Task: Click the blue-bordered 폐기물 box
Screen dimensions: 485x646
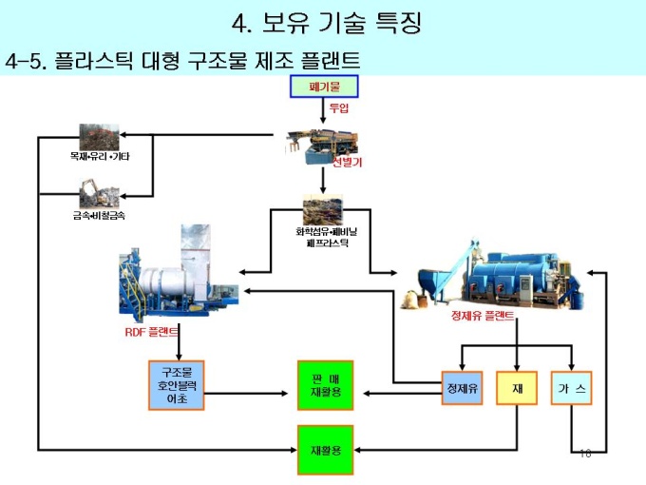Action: pos(324,87)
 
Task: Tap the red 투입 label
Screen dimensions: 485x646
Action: pos(339,109)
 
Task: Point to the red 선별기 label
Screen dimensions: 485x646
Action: pos(347,162)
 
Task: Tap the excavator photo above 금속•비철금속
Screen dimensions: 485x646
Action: pos(99,192)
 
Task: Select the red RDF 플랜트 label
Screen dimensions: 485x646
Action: pos(152,332)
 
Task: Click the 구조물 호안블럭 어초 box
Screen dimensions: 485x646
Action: pos(177,385)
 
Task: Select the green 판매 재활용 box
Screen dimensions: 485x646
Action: pos(325,385)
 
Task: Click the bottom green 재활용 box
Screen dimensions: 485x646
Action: pos(325,449)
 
